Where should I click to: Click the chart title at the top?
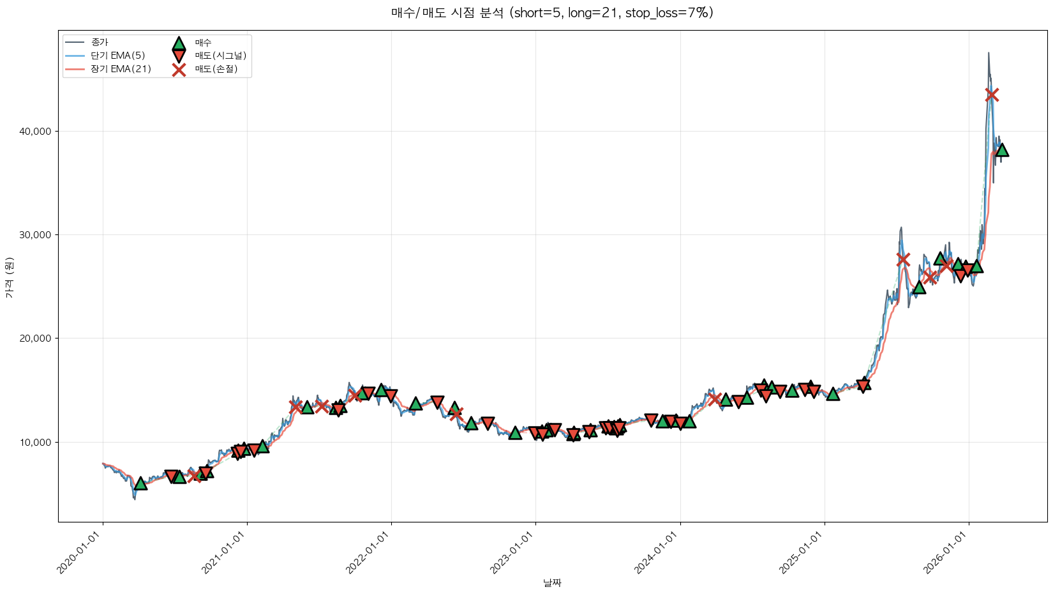point(552,13)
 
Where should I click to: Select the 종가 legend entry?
point(100,42)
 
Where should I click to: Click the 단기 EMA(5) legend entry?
point(117,56)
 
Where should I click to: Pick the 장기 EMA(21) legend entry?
point(121,69)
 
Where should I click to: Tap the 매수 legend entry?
point(203,43)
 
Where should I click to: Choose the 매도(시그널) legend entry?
point(220,56)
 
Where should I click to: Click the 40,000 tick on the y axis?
point(38,132)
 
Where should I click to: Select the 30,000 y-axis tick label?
point(38,235)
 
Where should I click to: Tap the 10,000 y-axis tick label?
point(38,442)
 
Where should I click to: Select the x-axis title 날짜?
point(552,583)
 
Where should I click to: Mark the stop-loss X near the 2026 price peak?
point(992,95)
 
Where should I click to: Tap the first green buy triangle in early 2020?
point(140,484)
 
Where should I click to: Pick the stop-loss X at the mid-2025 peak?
point(903,259)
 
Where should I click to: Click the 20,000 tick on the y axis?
point(38,339)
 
